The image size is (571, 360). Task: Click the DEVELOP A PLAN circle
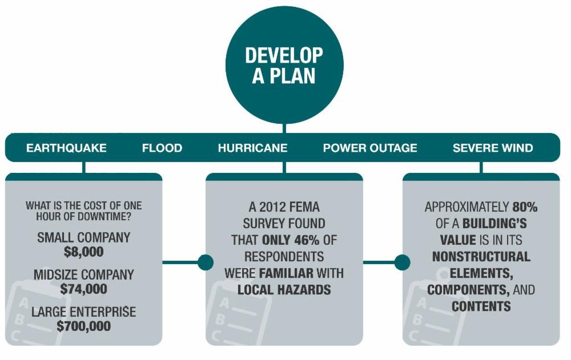click(x=284, y=65)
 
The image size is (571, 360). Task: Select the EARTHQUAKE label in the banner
click(x=66, y=148)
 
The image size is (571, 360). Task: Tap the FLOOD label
click(x=162, y=148)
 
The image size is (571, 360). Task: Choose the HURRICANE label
click(x=252, y=148)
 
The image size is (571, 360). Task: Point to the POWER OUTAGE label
click(x=370, y=148)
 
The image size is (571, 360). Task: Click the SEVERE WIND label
click(x=493, y=148)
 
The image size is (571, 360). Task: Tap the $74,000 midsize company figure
click(x=83, y=289)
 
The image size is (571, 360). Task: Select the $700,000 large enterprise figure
click(x=83, y=327)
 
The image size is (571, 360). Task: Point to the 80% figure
click(x=524, y=207)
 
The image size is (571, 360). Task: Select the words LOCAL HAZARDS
click(x=284, y=290)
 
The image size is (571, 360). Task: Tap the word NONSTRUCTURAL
click(x=481, y=257)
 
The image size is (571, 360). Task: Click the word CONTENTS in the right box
click(x=481, y=306)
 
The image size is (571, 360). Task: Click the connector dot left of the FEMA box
click(x=206, y=262)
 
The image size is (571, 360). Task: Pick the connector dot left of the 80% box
click(x=402, y=262)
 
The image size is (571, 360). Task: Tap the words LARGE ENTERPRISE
click(x=83, y=313)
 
